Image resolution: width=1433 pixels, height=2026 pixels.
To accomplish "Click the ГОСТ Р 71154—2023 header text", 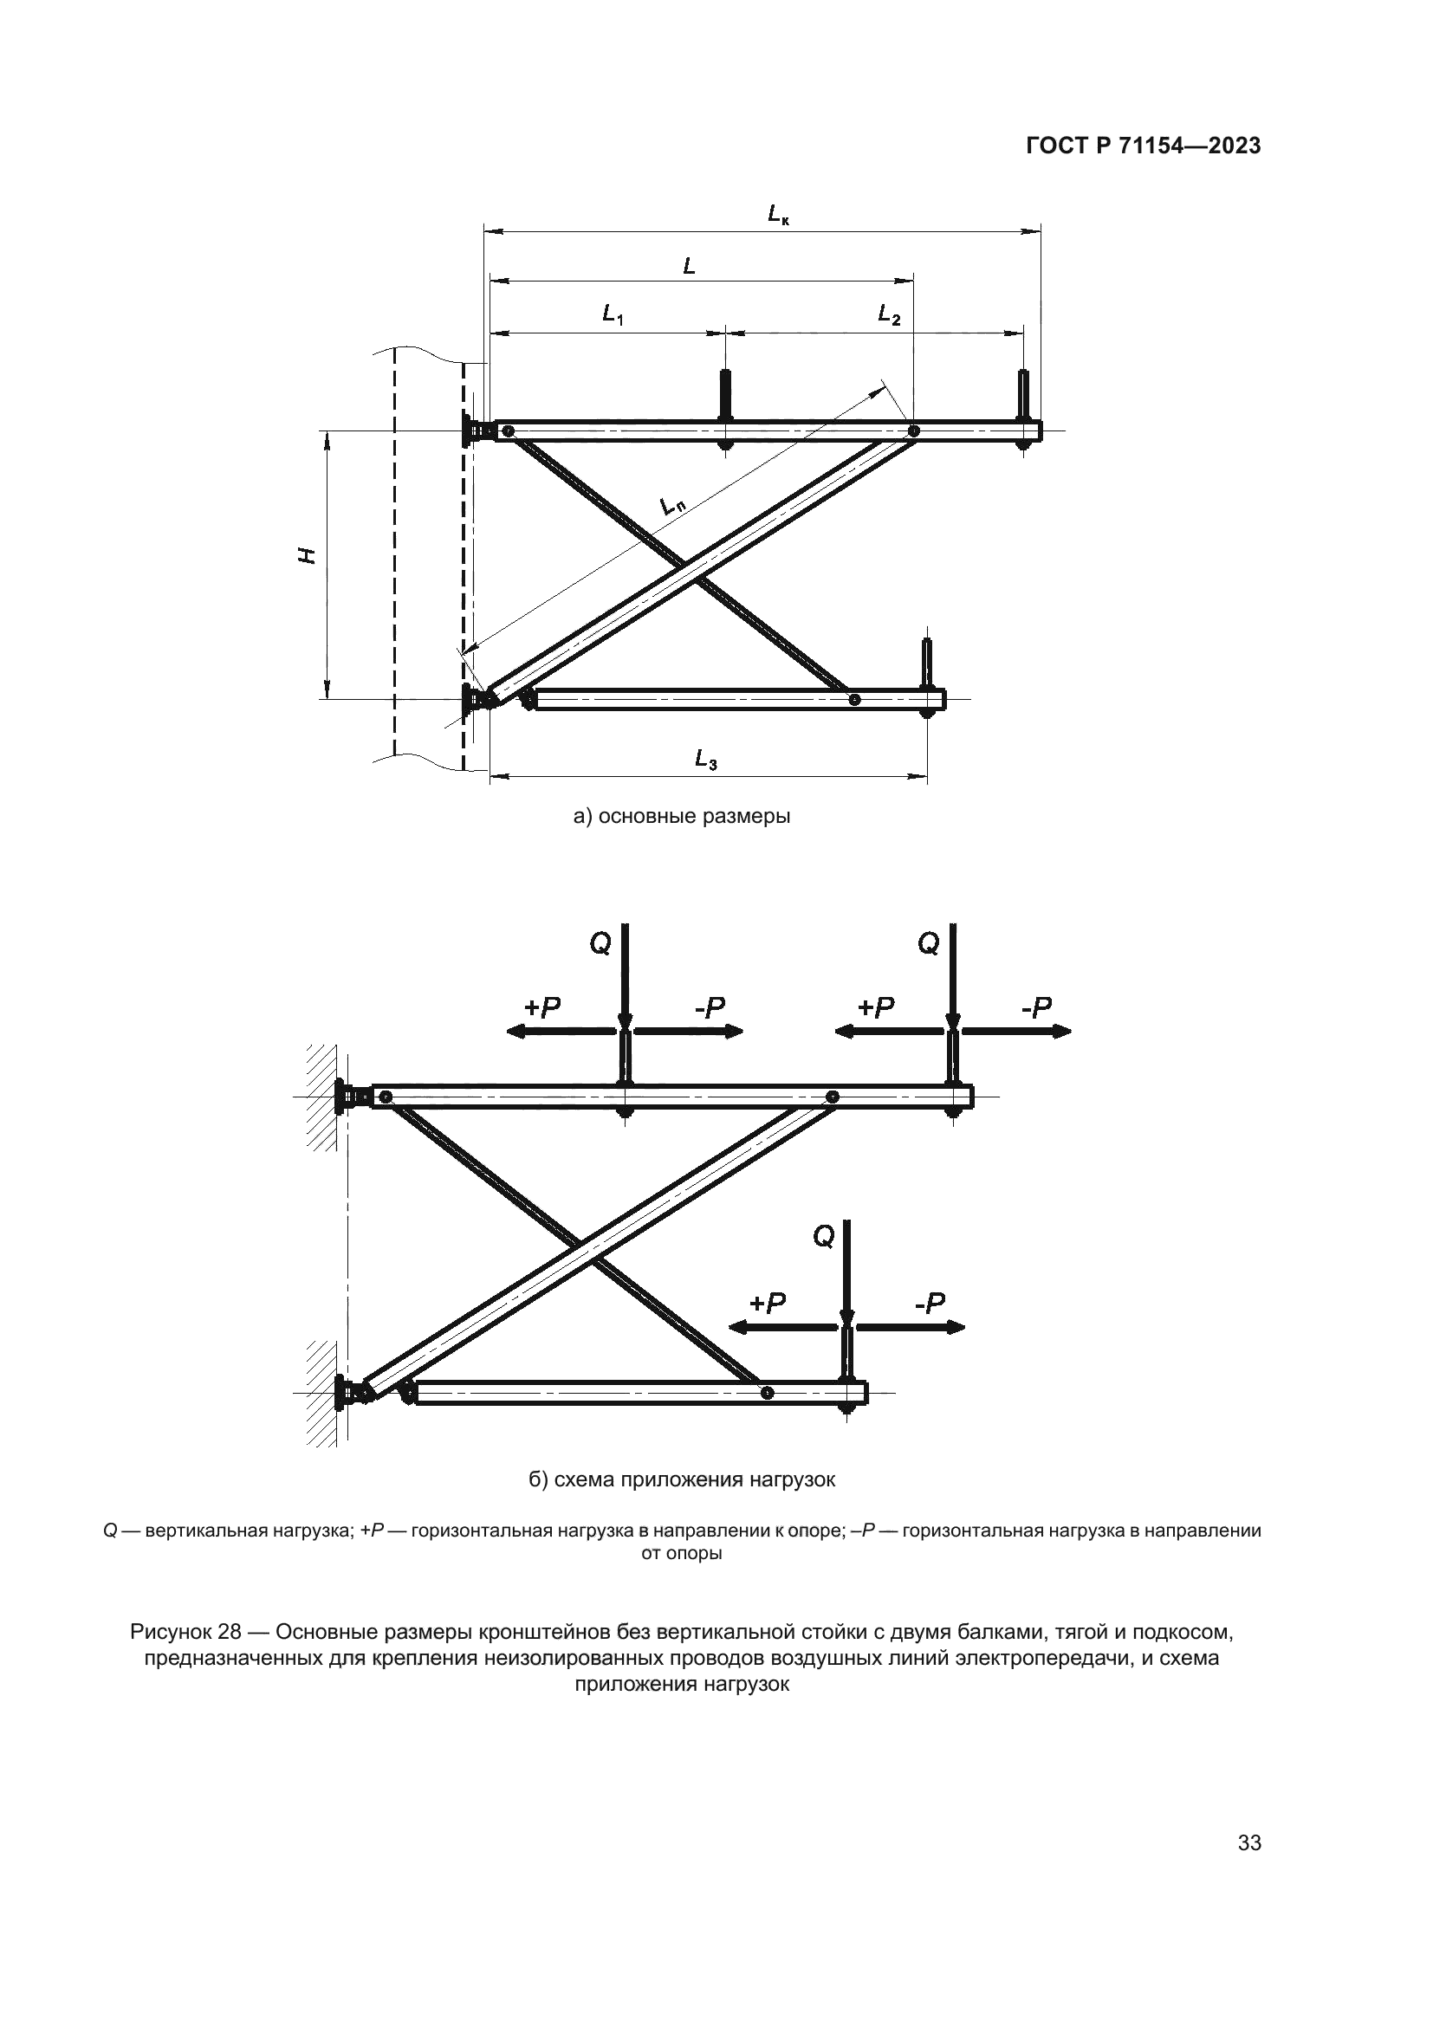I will click(1144, 146).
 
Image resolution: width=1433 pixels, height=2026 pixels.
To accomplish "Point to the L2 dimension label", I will click(889, 314).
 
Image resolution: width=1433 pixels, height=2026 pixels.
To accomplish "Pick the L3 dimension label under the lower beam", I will click(705, 759).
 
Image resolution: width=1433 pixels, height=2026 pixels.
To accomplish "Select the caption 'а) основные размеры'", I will click(681, 816).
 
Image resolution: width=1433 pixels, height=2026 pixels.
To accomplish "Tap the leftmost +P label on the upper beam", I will click(541, 1007).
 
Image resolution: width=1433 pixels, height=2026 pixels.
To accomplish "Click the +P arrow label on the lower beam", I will click(767, 1304).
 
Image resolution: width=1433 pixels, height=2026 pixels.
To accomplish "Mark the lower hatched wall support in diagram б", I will click(322, 1394).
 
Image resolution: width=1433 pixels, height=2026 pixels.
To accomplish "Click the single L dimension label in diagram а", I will click(689, 265).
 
